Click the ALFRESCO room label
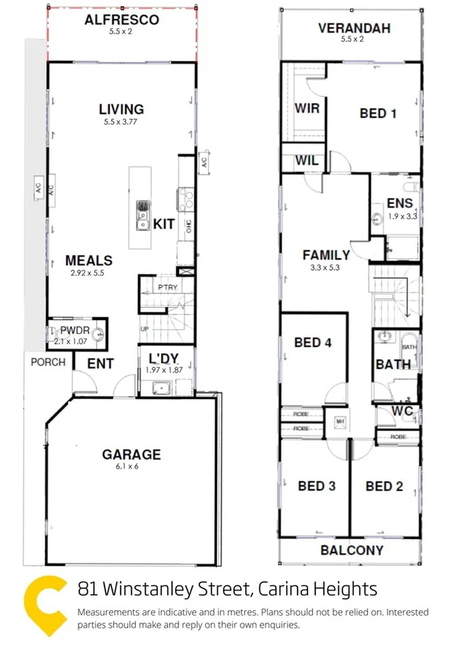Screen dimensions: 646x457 [x=122, y=20]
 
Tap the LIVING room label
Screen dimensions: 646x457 [x=121, y=109]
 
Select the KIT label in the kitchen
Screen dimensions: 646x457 [x=165, y=224]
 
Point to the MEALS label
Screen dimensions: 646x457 [x=89, y=261]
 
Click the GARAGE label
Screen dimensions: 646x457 [x=132, y=455]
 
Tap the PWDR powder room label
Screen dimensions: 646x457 [x=76, y=331]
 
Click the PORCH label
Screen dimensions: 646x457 [x=48, y=362]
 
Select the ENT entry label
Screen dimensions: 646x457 [x=100, y=364]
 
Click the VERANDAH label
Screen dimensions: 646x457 [x=354, y=30]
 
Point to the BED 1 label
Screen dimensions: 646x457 [x=378, y=114]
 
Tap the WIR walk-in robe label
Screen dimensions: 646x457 [x=307, y=108]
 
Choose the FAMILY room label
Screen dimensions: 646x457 [x=326, y=255]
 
